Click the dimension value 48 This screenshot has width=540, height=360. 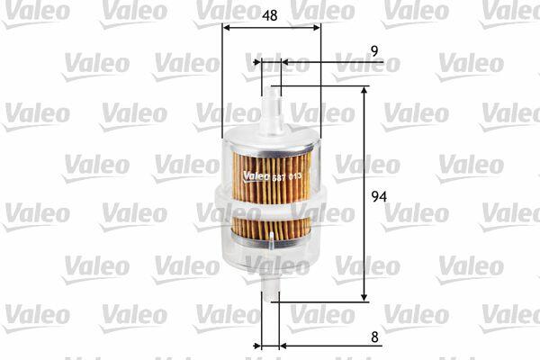[269, 15]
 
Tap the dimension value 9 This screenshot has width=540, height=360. [374, 51]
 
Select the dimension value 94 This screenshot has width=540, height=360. [379, 196]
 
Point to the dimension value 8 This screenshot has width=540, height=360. [374, 337]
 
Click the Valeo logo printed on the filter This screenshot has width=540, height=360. [256, 176]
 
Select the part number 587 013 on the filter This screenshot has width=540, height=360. [286, 177]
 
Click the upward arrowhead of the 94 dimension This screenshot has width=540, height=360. [364, 91]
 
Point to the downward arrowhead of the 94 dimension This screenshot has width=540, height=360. [364, 297]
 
